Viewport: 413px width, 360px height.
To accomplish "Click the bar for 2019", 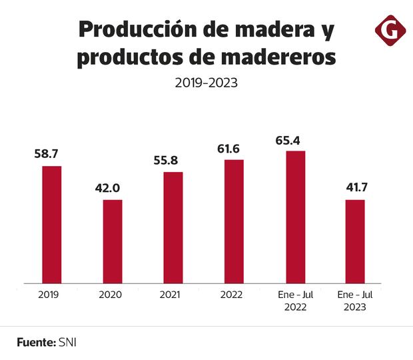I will tap(52, 225).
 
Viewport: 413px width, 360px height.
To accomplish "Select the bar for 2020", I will tap(112, 241).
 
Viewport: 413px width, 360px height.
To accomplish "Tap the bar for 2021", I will tap(173, 227).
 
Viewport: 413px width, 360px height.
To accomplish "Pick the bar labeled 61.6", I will tap(234, 221).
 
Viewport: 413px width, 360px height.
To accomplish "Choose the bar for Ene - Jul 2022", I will tap(295, 217).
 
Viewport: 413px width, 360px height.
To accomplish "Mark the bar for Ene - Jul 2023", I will tap(355, 241).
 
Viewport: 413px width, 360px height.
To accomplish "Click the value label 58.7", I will tap(48, 154).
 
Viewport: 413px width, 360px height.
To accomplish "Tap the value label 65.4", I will tap(289, 140).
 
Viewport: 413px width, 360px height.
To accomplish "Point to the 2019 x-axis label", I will tap(49, 294).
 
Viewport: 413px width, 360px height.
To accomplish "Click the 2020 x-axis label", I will tap(109, 294).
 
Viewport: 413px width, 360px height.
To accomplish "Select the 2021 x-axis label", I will tap(171, 294).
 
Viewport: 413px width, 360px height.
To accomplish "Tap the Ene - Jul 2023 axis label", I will tap(353, 300).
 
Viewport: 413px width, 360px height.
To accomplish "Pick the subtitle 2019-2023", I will tap(206, 83).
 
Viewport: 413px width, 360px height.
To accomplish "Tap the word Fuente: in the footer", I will tap(36, 342).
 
